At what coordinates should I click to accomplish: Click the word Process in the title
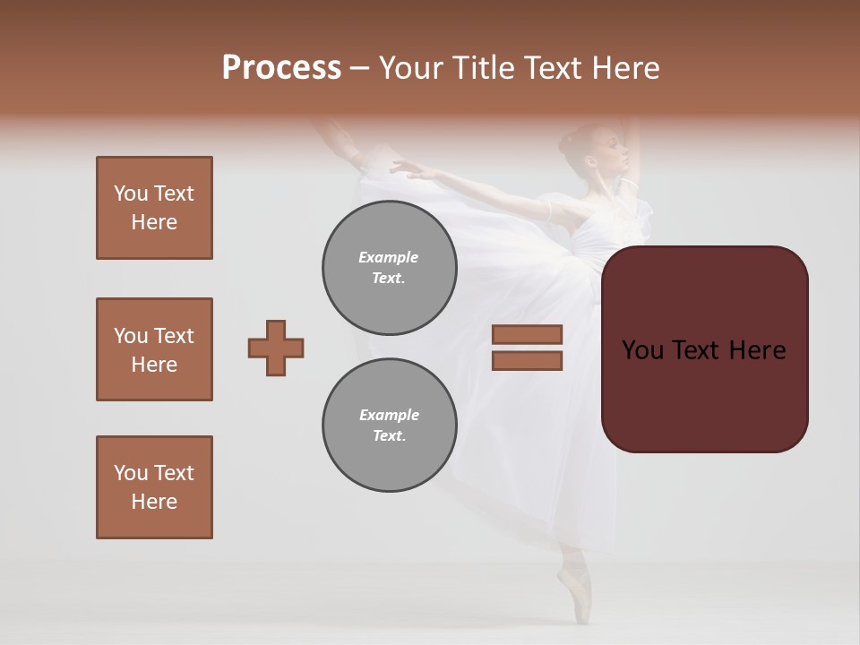[x=281, y=68]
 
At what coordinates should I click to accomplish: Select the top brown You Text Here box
[x=154, y=208]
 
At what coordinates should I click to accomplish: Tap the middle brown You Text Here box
[x=154, y=349]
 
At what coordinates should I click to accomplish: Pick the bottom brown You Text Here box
[x=154, y=487]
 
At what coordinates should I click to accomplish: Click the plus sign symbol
[x=276, y=348]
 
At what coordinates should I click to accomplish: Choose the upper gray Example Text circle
[x=390, y=268]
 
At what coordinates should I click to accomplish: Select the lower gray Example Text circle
[x=390, y=426]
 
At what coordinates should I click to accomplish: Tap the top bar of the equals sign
[x=527, y=335]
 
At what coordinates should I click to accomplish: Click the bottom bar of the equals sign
[x=527, y=361]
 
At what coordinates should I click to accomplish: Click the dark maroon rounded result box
[x=705, y=349]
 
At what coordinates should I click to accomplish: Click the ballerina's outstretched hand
[x=400, y=167]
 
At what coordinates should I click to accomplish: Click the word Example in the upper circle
[x=389, y=257]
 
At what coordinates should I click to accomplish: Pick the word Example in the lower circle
[x=389, y=415]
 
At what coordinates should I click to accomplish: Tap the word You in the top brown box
[x=130, y=193]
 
